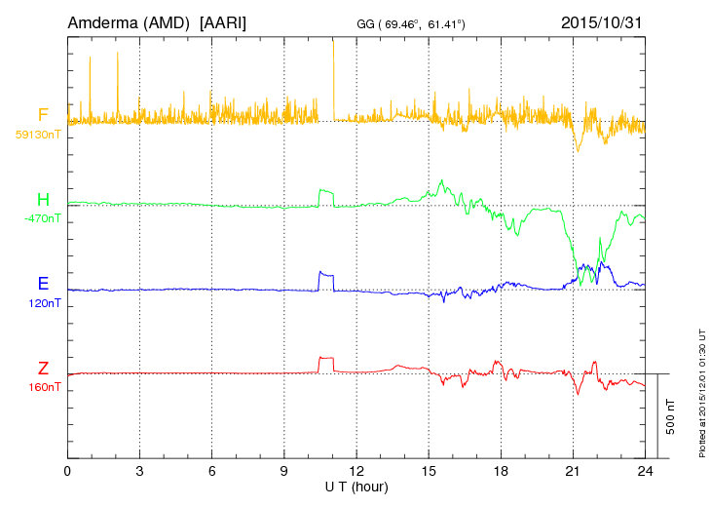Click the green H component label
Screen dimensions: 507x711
click(43, 200)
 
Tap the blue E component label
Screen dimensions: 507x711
click(43, 285)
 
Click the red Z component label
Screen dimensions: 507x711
click(43, 369)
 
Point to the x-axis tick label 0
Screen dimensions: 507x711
click(67, 471)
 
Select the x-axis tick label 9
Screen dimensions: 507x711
click(284, 471)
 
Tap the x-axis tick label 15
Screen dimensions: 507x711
click(429, 471)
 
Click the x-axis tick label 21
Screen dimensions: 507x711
click(573, 471)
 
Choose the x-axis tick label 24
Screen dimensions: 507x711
click(645, 471)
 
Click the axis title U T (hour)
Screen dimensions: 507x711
click(356, 486)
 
